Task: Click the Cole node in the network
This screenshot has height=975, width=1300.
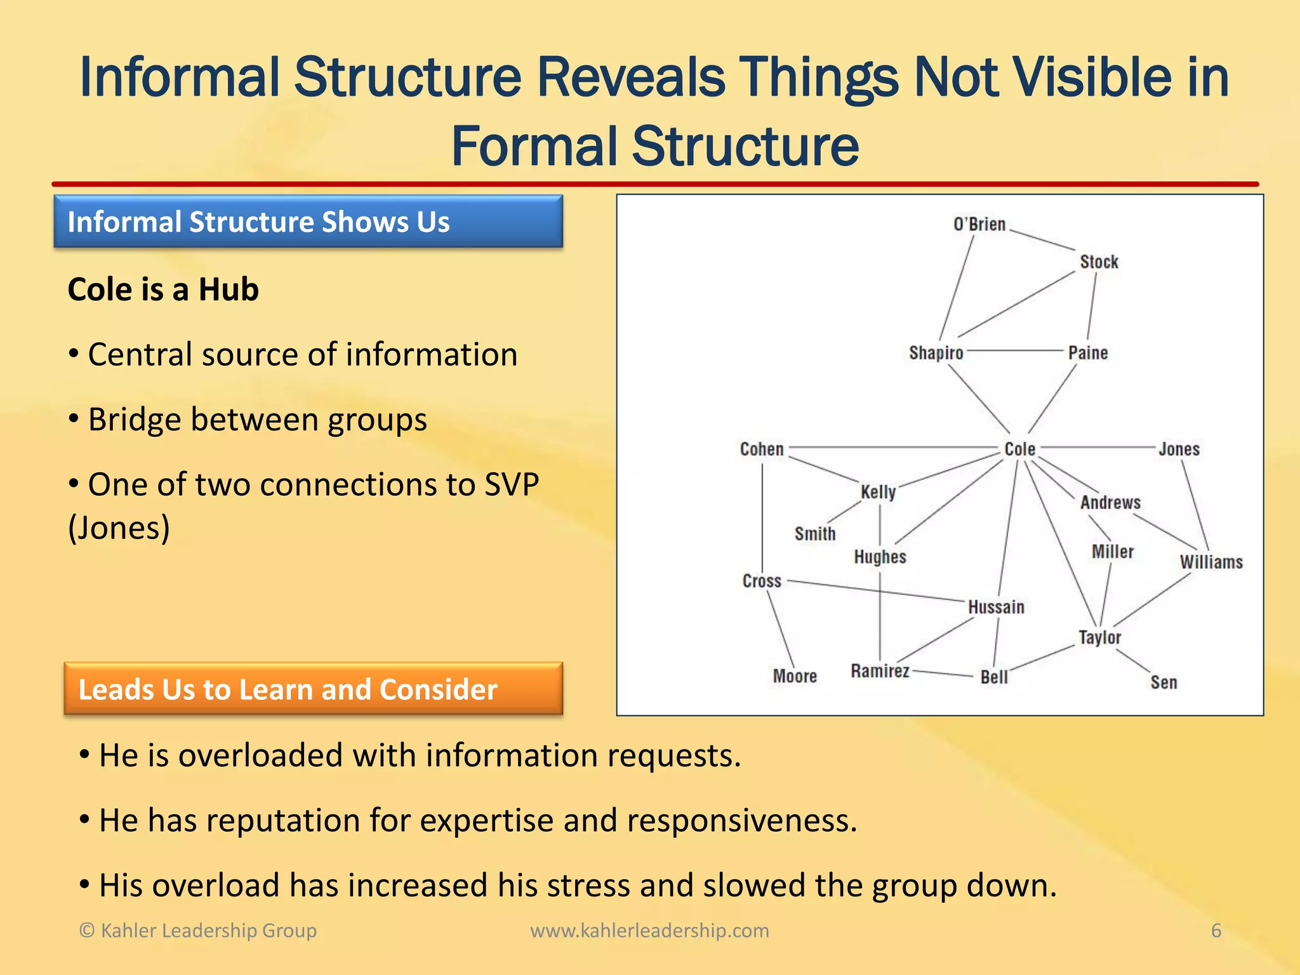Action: (1019, 449)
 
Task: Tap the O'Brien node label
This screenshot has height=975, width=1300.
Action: (979, 225)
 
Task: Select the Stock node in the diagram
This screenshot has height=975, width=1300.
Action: (1099, 262)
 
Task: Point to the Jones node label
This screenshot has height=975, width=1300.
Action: (1179, 449)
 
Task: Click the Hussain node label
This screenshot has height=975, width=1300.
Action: (996, 607)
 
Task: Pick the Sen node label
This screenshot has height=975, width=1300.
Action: (1164, 682)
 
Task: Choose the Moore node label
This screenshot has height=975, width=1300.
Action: (795, 676)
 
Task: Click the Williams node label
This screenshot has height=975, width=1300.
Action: (1211, 562)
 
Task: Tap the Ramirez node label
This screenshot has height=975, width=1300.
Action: (880, 671)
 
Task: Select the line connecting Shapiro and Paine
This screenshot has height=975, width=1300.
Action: (1016, 350)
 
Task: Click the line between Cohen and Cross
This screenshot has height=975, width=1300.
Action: (762, 514)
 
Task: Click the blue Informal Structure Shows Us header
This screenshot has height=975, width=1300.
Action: (308, 222)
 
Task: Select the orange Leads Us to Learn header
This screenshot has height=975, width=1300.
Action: (313, 689)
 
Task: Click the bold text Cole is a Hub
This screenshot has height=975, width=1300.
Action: (163, 289)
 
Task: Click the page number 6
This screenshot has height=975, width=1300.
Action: (1216, 931)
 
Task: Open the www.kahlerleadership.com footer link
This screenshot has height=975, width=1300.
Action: (649, 931)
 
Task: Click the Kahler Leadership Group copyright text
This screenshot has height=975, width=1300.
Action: (197, 931)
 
